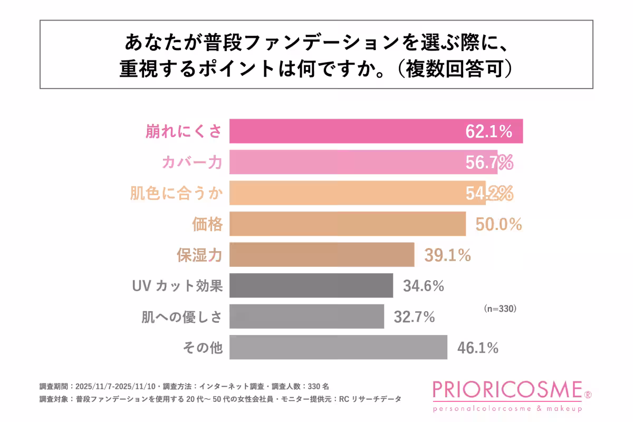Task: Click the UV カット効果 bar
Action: point(311,286)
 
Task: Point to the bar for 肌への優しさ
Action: point(306,316)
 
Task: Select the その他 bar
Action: point(338,347)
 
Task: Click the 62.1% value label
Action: point(489,132)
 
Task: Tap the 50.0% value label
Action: point(498,225)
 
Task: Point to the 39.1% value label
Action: point(447,256)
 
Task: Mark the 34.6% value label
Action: point(424,286)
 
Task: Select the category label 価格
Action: point(207,225)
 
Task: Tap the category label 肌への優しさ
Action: point(182,317)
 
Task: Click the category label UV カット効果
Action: point(177,286)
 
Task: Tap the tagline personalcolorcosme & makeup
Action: point(507,409)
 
